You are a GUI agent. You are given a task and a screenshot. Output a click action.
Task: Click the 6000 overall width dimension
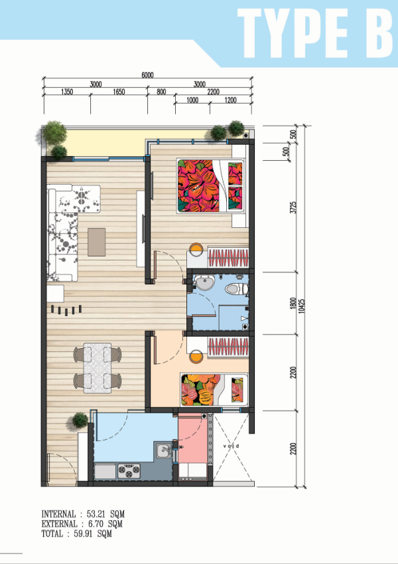(147, 75)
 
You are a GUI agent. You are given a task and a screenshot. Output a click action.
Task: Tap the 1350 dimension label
(67, 92)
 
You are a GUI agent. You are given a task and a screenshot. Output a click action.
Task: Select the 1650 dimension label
(119, 92)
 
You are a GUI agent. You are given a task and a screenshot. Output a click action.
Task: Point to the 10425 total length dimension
(301, 305)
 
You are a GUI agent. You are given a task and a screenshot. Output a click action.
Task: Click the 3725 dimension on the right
(293, 207)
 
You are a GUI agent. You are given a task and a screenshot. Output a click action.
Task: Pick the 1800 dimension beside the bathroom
(293, 303)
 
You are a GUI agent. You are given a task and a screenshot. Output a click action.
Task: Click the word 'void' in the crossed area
(231, 446)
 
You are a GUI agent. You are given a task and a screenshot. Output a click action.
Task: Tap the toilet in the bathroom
(237, 288)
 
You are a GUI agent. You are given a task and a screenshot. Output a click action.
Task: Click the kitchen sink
(164, 450)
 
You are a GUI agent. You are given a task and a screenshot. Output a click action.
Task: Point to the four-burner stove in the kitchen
(129, 471)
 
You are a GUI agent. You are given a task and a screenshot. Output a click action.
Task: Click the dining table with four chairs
(98, 368)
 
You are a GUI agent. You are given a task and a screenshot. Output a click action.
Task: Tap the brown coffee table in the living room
(97, 242)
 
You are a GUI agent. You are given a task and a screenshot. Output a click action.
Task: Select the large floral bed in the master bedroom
(211, 186)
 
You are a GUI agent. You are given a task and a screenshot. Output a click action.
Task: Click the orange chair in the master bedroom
(196, 249)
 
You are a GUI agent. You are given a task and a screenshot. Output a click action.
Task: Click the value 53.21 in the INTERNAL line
(96, 514)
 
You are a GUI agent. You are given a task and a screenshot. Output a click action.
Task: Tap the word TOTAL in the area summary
(52, 533)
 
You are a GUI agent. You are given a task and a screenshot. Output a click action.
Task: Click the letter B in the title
(379, 33)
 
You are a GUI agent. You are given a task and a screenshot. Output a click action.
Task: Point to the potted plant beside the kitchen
(80, 420)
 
